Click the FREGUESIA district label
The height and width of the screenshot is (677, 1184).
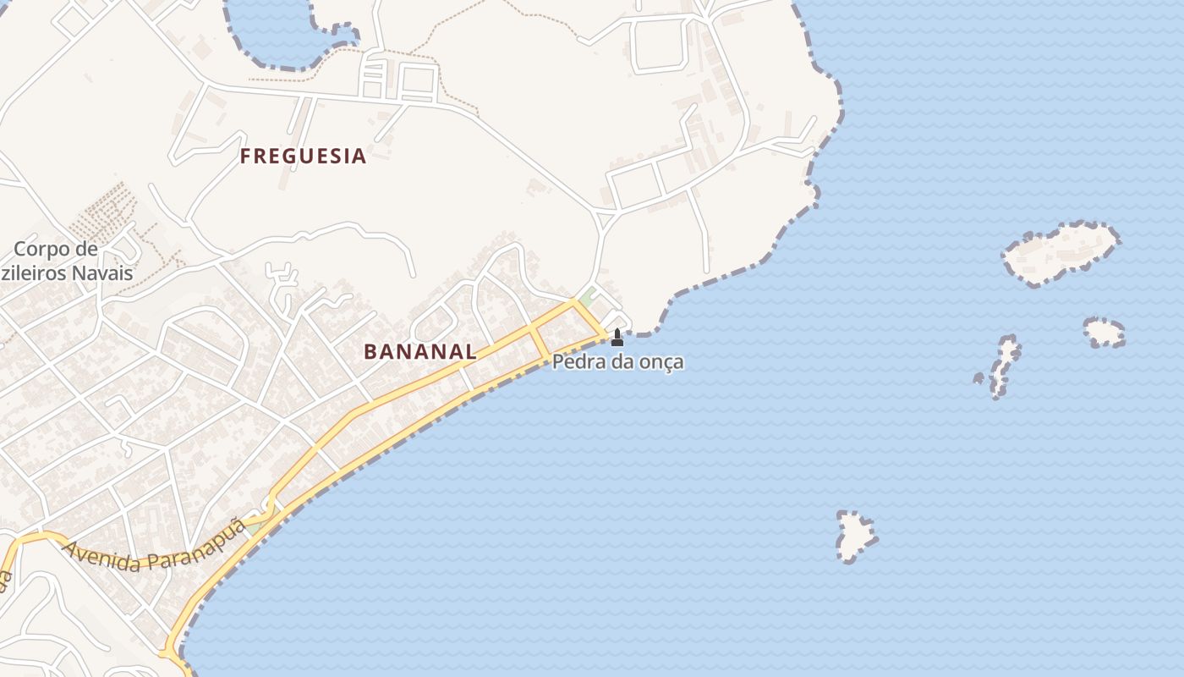[303, 157]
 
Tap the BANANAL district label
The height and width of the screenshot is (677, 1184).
[420, 352]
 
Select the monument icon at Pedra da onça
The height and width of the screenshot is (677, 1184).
[617, 338]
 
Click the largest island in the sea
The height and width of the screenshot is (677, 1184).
[1061, 252]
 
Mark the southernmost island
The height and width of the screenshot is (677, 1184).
[855, 537]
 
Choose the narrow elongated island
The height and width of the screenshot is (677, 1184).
[1005, 366]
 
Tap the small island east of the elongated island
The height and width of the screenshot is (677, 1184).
[1105, 333]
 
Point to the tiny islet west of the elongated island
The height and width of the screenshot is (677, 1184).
[978, 378]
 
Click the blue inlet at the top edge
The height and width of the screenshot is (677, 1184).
[279, 34]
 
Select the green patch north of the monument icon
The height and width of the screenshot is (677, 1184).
[585, 299]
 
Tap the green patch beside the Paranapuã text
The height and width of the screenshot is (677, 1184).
[251, 526]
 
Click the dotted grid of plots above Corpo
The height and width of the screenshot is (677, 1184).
[103, 212]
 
